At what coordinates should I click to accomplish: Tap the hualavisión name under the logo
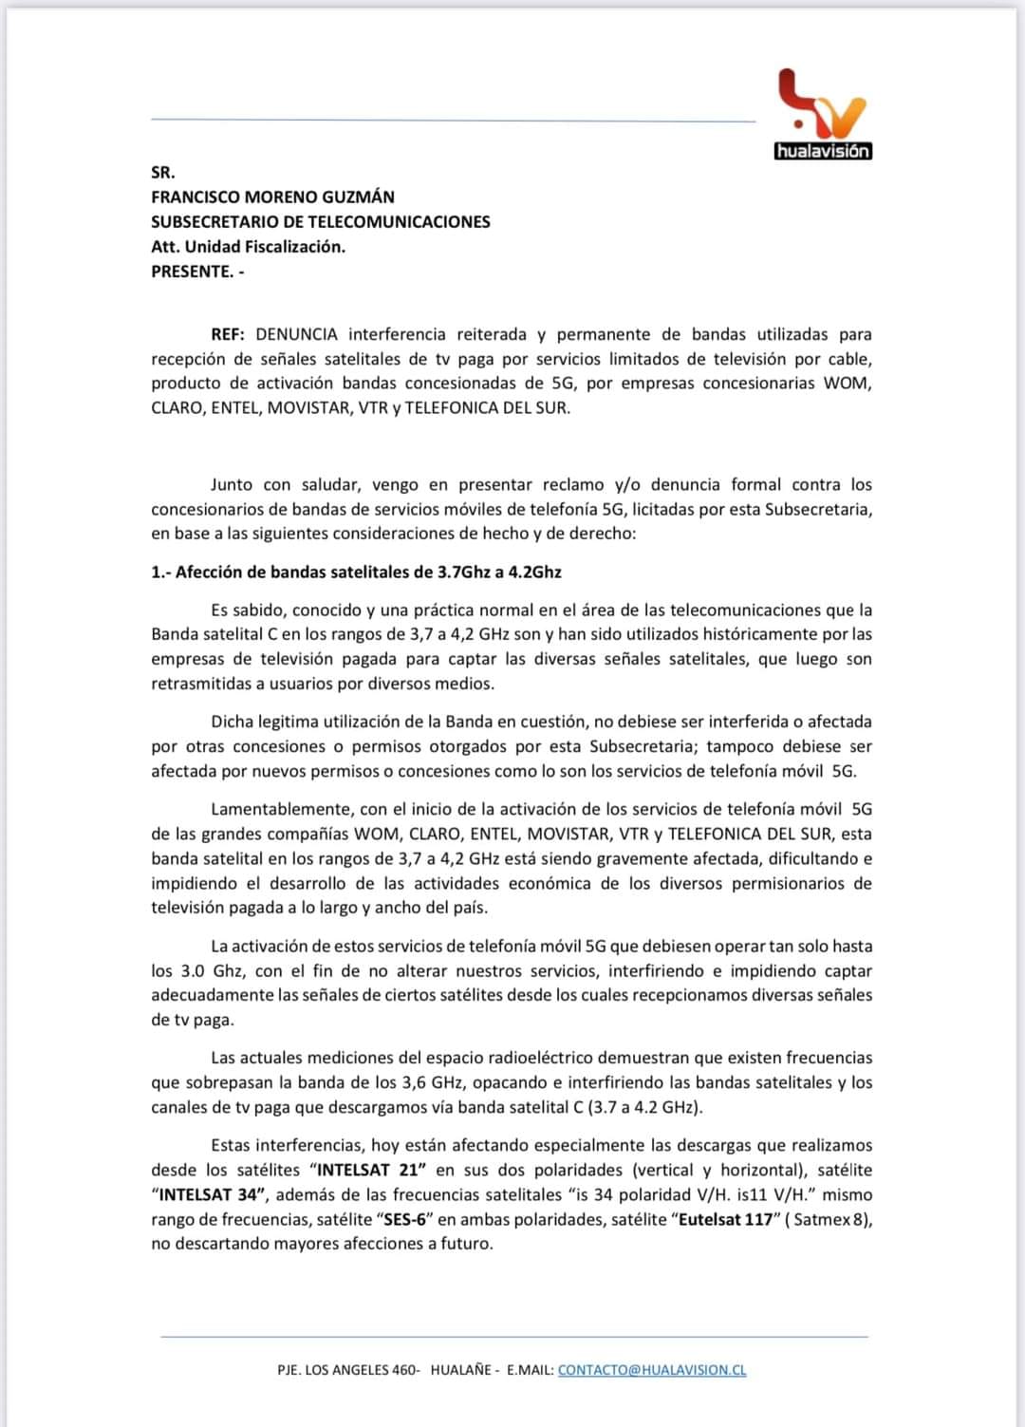click(x=823, y=152)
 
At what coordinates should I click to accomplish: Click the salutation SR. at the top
click(x=163, y=173)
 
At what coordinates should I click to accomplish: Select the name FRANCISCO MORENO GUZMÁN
click(x=272, y=197)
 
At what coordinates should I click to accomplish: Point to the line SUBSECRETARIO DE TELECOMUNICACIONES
click(x=321, y=222)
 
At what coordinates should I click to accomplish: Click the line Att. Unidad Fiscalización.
click(x=248, y=247)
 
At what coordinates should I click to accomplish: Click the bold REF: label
click(x=228, y=334)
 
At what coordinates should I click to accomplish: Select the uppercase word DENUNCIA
click(x=296, y=334)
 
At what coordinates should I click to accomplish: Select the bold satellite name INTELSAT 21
click(x=366, y=1171)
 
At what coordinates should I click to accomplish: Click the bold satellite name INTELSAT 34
click(x=209, y=1195)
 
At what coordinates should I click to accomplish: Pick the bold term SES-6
click(x=402, y=1220)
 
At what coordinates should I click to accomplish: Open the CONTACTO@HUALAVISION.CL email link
click(x=652, y=1370)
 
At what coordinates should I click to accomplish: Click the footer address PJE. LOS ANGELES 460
click(x=347, y=1370)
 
